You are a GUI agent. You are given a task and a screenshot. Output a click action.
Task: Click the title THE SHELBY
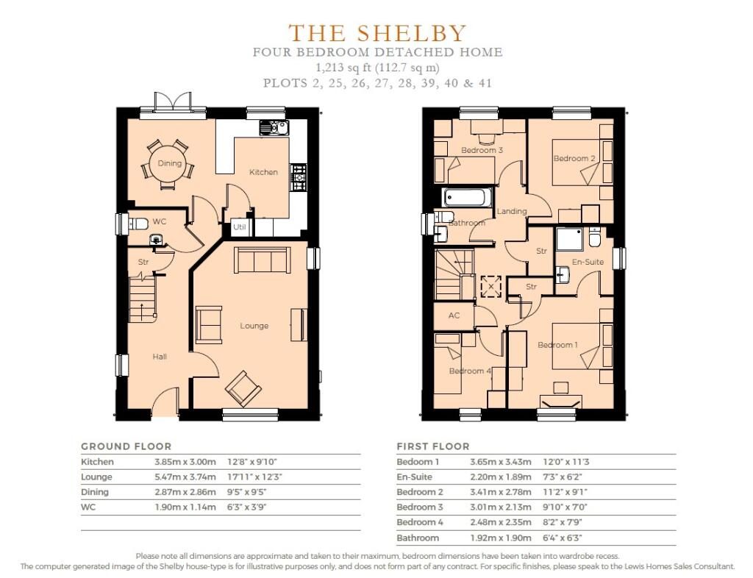pos(377,32)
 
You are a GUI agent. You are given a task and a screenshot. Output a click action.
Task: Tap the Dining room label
pos(170,163)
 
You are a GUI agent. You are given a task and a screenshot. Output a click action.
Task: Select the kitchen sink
pos(274,128)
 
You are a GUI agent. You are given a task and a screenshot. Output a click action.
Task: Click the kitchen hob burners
pos(299,177)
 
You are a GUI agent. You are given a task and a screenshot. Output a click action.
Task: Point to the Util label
pos(239,226)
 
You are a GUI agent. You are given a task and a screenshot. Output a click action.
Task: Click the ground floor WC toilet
pos(138,224)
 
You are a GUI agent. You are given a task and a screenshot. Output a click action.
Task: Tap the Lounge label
pos(254,326)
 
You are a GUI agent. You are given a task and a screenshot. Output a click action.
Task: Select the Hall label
pos(160,357)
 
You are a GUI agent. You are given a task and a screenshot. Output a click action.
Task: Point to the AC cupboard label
pos(454,315)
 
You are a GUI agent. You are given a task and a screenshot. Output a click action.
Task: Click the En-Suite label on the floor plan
pos(588,262)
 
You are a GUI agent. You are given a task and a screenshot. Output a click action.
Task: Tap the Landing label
pos(512,211)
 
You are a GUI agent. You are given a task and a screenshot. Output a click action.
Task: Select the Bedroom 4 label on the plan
pos(470,371)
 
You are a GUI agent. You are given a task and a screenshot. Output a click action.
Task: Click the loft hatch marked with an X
pos(490,287)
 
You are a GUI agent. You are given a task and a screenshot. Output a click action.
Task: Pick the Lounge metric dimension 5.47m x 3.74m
pos(185,477)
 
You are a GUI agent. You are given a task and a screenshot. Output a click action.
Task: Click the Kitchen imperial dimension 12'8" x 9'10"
pos(252,462)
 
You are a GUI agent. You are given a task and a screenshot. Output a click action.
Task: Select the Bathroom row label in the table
pos(418,538)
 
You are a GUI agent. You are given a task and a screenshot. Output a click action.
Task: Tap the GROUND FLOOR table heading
pos(126,446)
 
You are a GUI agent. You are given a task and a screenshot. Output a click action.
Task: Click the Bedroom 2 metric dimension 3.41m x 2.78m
pos(500,492)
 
